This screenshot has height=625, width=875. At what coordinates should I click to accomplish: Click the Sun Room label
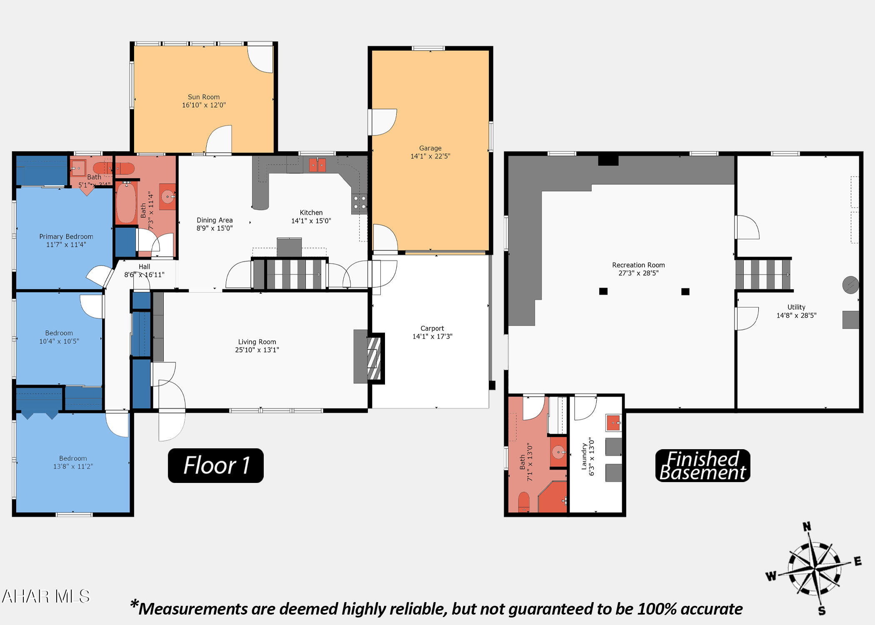203,97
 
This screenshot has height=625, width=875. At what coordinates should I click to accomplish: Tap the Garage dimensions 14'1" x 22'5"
430,156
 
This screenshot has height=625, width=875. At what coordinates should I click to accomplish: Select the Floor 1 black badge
216,465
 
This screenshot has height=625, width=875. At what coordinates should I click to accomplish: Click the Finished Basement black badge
702,465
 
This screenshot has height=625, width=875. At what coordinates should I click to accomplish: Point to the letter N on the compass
807,527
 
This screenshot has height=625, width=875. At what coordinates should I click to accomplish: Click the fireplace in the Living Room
374,358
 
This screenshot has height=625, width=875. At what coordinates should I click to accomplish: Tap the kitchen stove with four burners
359,202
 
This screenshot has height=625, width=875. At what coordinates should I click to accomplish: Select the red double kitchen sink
317,165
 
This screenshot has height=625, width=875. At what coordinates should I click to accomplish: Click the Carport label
432,328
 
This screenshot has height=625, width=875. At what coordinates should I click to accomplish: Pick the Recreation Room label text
638,265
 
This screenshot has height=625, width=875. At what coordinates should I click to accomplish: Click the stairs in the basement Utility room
763,275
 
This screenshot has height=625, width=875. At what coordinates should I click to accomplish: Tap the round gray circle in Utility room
850,285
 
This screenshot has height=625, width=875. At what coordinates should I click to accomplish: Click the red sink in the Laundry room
613,423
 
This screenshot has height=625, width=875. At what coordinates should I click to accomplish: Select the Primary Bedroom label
66,237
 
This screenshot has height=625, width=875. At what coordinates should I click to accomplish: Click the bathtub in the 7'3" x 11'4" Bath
126,203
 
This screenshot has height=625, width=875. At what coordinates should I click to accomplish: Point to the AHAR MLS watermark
46,596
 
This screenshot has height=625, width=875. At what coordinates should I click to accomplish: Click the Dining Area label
215,220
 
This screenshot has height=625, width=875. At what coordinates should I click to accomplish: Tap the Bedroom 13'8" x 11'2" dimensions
73,466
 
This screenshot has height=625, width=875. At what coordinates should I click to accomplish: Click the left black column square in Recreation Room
603,291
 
